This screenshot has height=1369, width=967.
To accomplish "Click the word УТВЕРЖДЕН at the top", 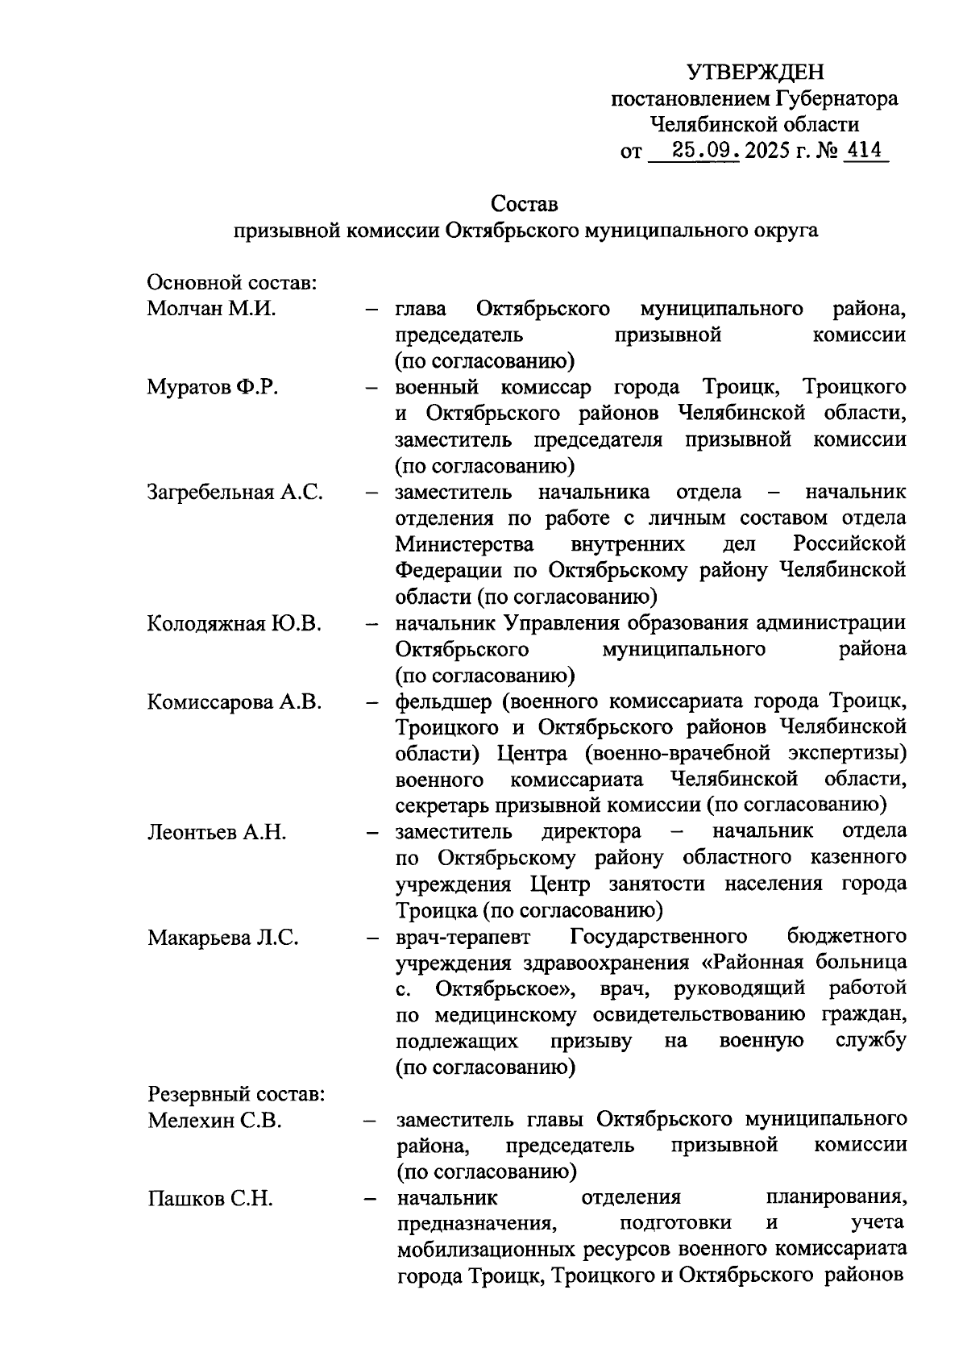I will pos(755,73).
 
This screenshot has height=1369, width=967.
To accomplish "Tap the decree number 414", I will pos(864,151).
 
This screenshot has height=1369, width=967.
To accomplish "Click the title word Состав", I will pos(524,203).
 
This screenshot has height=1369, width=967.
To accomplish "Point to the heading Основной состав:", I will pos(230,283).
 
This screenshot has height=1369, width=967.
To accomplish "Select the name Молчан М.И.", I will pos(211,309).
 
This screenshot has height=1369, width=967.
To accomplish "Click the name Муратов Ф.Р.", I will pos(213,387).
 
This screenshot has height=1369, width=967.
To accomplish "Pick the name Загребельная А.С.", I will pos(235,492).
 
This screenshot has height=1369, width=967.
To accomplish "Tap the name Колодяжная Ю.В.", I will pos(234,623).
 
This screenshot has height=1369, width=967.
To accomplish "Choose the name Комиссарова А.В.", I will pos(234,701).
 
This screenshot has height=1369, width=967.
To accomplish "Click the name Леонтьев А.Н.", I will pos(217,832).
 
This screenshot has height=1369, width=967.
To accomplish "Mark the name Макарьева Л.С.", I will pos(223,938).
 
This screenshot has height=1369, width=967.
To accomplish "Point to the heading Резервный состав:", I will pos(236,1094).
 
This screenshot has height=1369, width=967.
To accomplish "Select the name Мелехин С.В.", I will pos(214,1121).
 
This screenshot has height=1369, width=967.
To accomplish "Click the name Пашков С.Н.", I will pos(210,1199).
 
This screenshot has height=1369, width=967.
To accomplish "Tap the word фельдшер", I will pos(442,701).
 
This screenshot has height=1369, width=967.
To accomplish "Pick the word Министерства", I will pos(465,544).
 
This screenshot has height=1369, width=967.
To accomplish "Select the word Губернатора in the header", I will pos(836,99).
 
